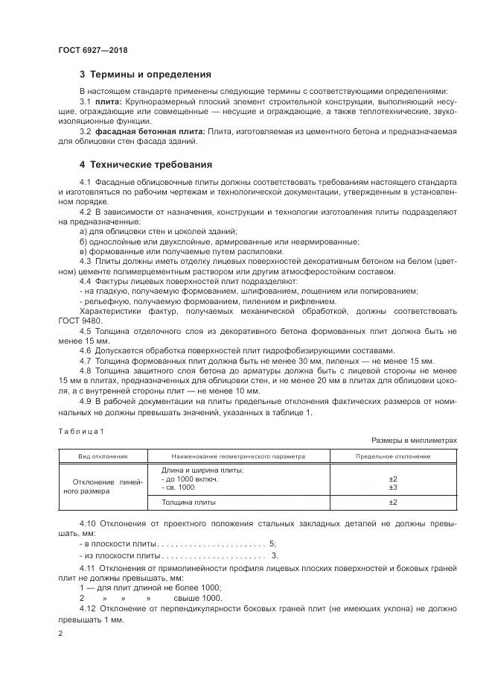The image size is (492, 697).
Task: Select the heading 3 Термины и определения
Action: click(145, 75)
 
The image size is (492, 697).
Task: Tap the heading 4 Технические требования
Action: click(145, 164)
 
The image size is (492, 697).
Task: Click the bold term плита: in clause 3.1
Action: click(107, 101)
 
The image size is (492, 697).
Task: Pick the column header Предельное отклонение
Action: click(393, 456)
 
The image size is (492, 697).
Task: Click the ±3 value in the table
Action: click(393, 487)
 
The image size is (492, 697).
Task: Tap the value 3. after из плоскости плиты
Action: click(275, 556)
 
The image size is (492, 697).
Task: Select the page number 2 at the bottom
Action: click(61, 634)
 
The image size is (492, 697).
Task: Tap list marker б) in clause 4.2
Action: click(83, 242)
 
